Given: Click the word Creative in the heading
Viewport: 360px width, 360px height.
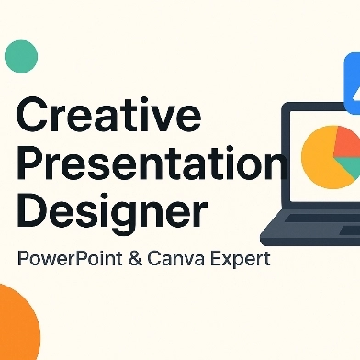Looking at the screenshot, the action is coord(109,113).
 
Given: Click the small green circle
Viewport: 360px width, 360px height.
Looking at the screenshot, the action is coord(21,57).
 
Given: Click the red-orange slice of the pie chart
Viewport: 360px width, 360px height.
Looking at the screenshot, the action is coord(347,142).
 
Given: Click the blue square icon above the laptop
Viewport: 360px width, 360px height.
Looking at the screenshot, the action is coord(353,84).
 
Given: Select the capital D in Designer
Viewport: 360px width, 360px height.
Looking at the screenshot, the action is coord(31,210).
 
